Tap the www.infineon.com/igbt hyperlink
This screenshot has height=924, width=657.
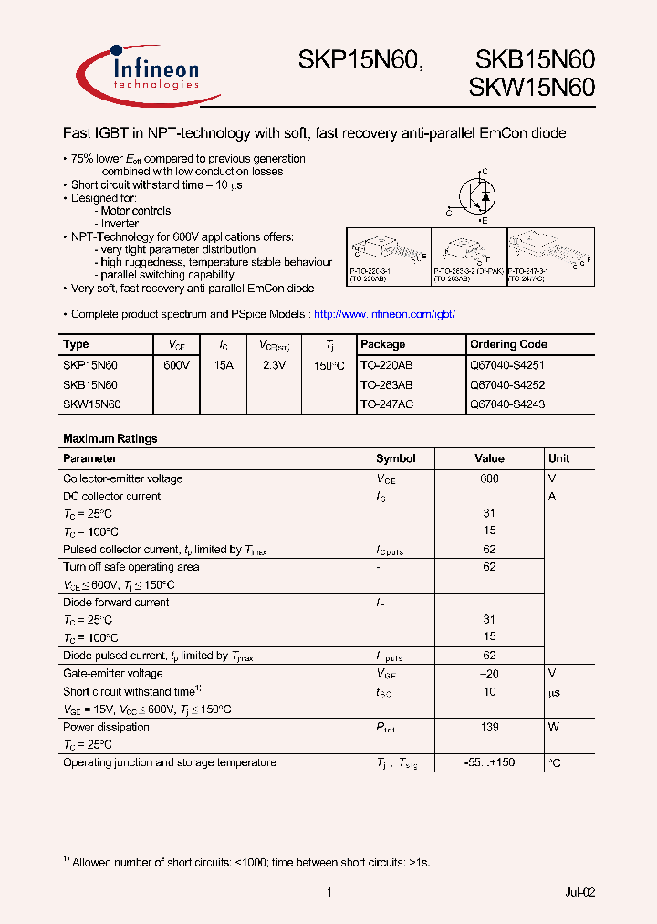coord(384,314)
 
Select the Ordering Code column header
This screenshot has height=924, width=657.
coord(508,344)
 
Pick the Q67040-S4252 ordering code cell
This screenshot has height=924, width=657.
coord(507,385)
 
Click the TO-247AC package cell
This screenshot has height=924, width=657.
coord(386,404)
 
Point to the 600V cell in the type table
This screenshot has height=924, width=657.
coord(176,364)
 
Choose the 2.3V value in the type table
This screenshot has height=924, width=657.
coord(273,364)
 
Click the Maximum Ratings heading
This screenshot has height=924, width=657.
coord(109,438)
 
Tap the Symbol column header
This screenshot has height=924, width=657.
coord(395,458)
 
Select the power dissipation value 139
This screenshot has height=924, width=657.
coord(489,727)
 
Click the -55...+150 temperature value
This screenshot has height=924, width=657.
coord(489,762)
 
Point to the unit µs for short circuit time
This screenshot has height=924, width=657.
coord(555,692)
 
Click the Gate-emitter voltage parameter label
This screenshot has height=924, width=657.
coord(112,674)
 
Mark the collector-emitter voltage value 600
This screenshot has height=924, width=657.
coord(489,478)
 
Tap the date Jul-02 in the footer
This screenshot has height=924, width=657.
coord(580,892)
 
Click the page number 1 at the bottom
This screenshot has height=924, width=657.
coord(328,892)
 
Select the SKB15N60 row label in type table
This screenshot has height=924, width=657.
coord(90,385)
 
